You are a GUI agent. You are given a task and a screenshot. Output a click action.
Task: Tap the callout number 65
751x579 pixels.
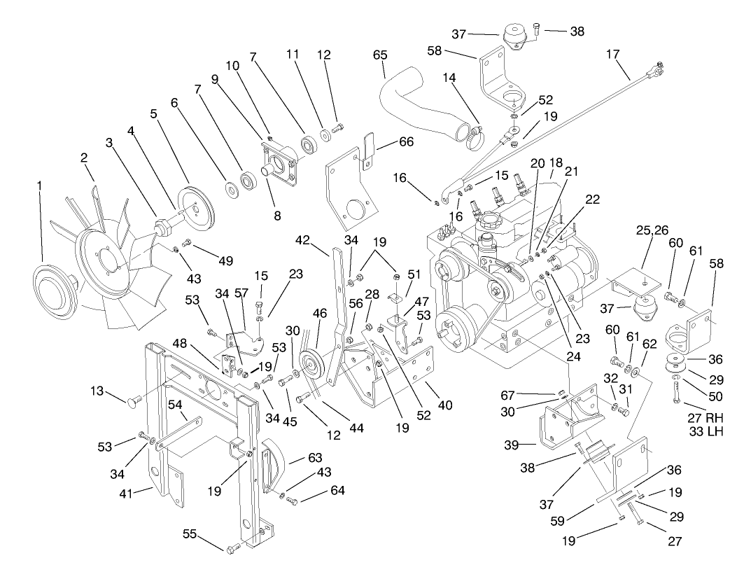coord(380,53)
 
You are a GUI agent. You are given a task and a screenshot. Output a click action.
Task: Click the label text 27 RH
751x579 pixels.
coord(704,419)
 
